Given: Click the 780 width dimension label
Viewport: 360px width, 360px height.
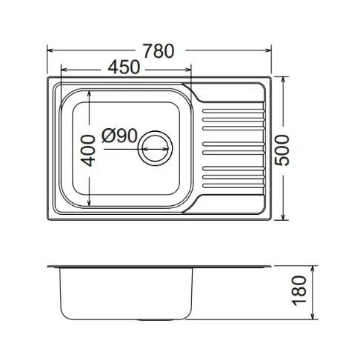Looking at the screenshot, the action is coord(159,51).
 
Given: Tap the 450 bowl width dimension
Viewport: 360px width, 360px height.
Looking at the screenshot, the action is coord(124,67).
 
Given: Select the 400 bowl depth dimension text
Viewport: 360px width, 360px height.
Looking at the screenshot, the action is coord(88,150).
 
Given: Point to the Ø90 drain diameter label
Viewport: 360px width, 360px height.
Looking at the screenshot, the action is coord(119,136).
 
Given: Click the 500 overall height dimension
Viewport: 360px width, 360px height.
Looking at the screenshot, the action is coord(281,150).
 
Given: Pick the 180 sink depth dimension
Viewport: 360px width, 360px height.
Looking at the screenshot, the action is coord(299,290).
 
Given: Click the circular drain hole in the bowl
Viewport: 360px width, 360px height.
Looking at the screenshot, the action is coord(155,148).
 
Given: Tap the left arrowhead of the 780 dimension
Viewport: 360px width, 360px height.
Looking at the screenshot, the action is coord(50,50).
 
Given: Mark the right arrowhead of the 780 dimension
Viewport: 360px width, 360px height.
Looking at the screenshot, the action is coord(268,50).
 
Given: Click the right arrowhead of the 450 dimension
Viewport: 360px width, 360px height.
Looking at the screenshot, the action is coord(188,70).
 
